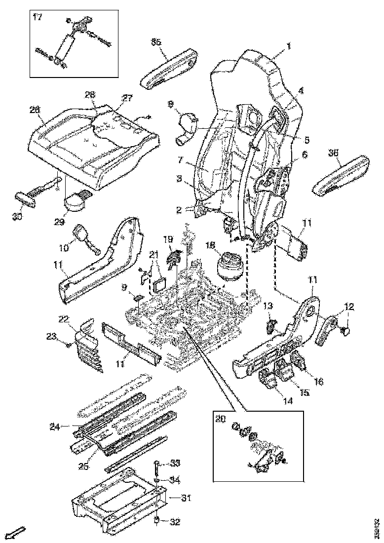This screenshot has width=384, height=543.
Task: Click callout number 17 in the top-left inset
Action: click(37, 18)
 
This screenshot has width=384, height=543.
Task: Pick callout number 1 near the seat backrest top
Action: click(289, 46)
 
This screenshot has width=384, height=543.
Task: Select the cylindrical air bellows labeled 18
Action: click(230, 267)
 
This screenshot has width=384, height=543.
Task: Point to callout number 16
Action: click(318, 381)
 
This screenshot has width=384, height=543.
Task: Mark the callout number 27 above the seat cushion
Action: click(128, 98)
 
